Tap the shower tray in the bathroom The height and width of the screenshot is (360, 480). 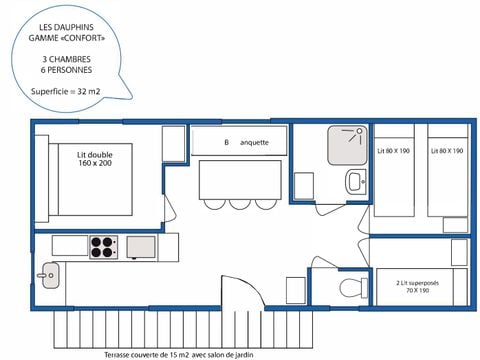pos(347,145)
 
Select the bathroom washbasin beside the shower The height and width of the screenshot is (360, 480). pos(356,182)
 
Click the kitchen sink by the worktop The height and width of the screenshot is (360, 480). pos(50,275)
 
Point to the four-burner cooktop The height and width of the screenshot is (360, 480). pos(103,247)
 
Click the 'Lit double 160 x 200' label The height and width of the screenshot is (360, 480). pos(95,159)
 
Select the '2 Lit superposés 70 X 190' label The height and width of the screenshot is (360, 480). pos(417,287)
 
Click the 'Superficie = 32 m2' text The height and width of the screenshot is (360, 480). pos(65,91)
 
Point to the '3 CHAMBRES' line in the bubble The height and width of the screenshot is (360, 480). pos(66,59)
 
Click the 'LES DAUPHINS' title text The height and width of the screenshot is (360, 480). pos(66,27)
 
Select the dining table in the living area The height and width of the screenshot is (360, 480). pos(240,180)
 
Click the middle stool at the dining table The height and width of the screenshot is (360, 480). pos(240,204)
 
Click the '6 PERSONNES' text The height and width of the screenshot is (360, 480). pos(66,70)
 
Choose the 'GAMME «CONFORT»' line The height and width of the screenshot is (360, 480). pos(66,38)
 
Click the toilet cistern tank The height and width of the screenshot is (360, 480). pos(364,288)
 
